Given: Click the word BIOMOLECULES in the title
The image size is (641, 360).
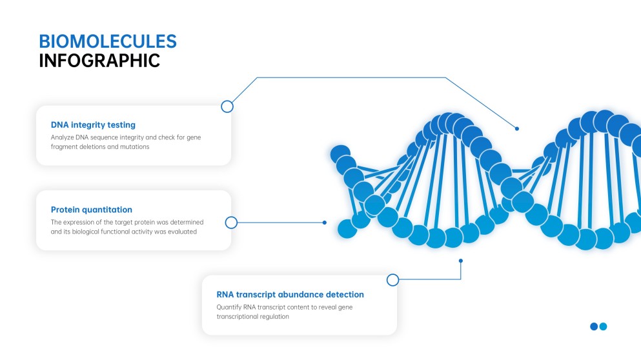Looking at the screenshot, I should click(107, 41).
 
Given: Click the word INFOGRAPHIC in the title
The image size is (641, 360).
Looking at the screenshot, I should click(99, 61).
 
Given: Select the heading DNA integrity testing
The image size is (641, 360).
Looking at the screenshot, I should click(93, 125).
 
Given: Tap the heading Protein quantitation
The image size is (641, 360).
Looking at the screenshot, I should click(91, 210).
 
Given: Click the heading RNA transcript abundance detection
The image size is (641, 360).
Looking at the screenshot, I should click(290, 294).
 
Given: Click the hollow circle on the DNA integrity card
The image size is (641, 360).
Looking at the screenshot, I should click(227, 106).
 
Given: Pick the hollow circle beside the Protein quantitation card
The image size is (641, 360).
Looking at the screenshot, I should click(232, 223).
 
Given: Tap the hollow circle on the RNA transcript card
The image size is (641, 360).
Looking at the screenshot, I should click(392, 280).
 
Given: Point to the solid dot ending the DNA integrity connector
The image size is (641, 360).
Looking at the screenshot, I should click(517, 128).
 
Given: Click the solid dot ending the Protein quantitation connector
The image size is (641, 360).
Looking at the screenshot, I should click(325, 223).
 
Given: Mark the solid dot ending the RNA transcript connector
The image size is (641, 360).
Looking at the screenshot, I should click(461, 261).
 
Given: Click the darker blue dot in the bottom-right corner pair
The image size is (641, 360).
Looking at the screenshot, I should click(594, 326).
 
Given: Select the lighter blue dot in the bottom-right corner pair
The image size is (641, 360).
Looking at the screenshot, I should click(604, 326).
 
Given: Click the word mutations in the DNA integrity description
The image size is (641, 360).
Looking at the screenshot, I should click(134, 146).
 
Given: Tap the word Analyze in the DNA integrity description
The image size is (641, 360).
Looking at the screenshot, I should click(62, 137).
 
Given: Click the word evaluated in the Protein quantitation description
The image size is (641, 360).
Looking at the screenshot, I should click(182, 231).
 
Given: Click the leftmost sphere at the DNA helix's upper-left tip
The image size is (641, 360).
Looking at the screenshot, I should click(340, 154).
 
